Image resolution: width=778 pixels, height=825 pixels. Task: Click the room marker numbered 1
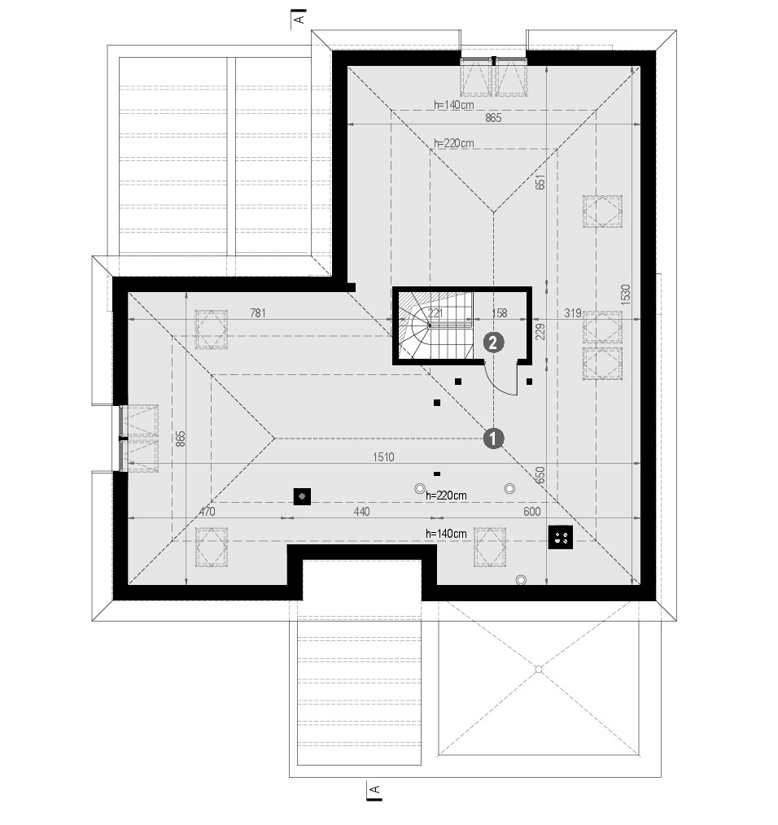tap(493, 439)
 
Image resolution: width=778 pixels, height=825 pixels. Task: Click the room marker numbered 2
tap(493, 343)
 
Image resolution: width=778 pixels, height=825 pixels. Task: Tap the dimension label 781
tap(257, 313)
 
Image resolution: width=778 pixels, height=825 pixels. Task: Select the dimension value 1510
tap(383, 456)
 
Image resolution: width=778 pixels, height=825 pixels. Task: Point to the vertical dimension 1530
tap(625, 295)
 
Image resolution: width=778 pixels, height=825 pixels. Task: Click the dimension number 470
tap(207, 512)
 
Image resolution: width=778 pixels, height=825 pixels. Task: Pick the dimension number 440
tap(361, 512)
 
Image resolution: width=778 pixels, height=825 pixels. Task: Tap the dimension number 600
tap(531, 512)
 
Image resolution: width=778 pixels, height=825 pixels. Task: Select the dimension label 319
tap(573, 313)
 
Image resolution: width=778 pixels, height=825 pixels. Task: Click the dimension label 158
tap(499, 313)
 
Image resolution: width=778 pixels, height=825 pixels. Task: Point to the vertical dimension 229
tap(540, 332)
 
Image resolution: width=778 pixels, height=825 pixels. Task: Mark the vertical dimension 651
tap(540, 182)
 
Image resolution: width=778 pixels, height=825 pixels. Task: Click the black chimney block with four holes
tap(561, 537)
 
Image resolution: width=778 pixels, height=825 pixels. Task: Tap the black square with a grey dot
tap(302, 496)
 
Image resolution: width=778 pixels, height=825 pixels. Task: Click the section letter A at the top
tap(299, 20)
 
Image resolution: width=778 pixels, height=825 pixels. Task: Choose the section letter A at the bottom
tap(375, 789)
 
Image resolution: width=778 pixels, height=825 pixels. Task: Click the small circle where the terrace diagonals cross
tap(539, 670)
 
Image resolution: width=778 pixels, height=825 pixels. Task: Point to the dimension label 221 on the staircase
tap(435, 313)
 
